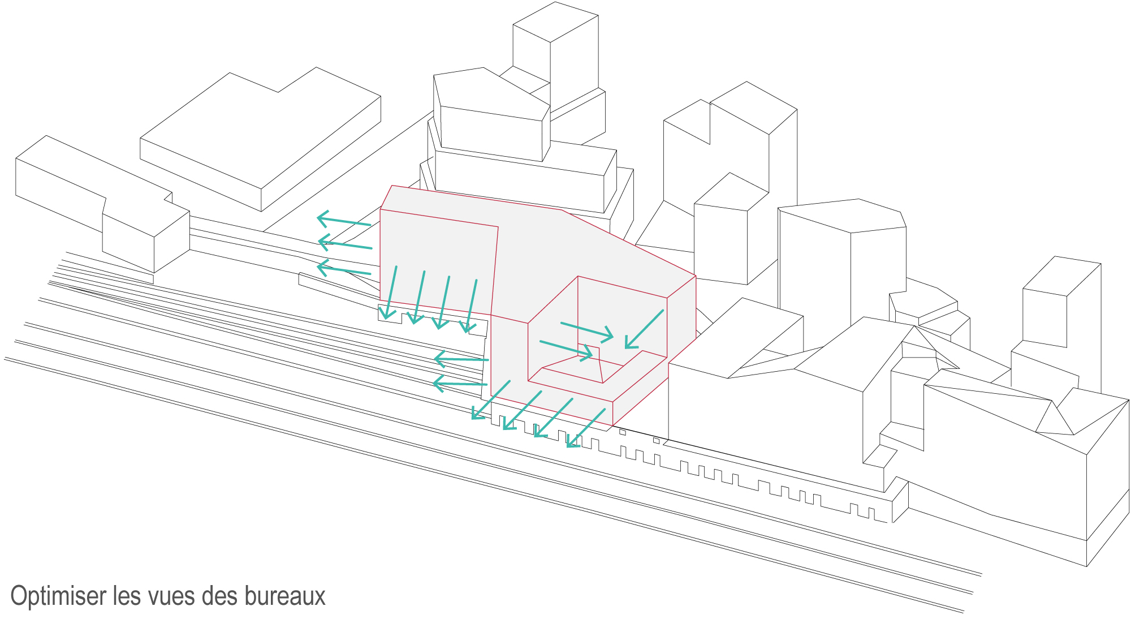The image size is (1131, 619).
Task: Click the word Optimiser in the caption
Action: (59, 597)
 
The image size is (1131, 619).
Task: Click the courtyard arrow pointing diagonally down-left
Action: (644, 329)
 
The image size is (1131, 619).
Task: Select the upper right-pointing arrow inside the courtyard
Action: (587, 330)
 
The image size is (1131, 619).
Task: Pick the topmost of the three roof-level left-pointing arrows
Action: (344, 221)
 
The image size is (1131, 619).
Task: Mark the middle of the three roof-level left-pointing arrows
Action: (345, 244)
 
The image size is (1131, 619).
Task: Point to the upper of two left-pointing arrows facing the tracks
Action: (461, 359)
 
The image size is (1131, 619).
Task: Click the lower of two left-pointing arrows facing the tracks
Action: (460, 384)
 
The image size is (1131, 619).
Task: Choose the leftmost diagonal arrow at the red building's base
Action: (491, 400)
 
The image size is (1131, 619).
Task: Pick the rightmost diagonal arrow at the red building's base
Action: (586, 428)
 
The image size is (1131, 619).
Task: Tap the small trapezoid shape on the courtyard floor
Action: (589, 364)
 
